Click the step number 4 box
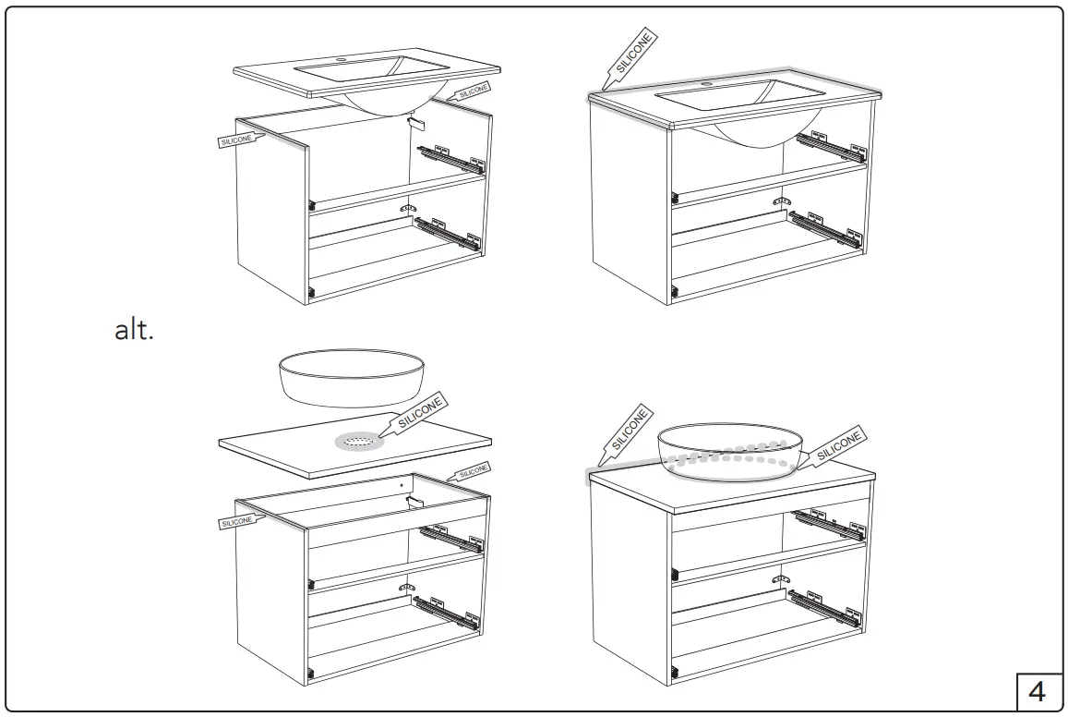pyautogui.click(x=1037, y=690)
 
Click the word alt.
pyautogui.click(x=133, y=331)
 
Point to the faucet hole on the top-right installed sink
pyautogui.click(x=708, y=83)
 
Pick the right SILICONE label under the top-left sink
pyautogui.click(x=472, y=91)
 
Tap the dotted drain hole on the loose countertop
pyautogui.click(x=355, y=443)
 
